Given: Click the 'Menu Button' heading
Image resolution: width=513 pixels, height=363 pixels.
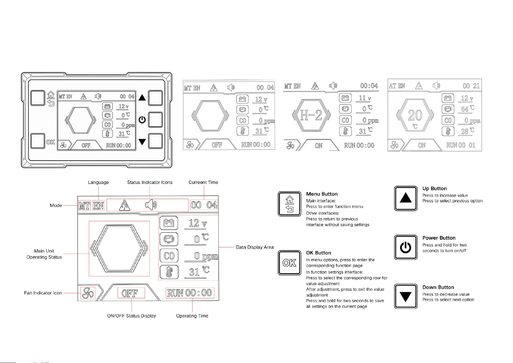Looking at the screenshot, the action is tap(322, 194).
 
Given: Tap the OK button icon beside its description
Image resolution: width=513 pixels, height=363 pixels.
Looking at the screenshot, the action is tap(289, 263).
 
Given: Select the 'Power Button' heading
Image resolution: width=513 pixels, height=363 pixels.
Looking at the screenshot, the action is tap(439, 238).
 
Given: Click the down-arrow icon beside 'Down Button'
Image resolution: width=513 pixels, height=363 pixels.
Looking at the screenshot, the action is tap(406, 296).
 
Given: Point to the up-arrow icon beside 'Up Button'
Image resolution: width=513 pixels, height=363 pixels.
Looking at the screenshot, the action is tap(406, 198).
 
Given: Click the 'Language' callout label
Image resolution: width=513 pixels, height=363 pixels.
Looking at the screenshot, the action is tap(98, 183).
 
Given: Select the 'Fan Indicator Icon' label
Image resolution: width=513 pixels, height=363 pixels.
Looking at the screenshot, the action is tap(43, 293).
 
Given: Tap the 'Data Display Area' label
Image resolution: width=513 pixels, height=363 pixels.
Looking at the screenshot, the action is tap(255, 247).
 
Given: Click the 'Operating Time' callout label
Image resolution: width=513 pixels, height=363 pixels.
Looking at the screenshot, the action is tap(192, 316).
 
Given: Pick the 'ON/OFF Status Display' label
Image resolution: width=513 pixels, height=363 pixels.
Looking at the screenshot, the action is tap(132, 316).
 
